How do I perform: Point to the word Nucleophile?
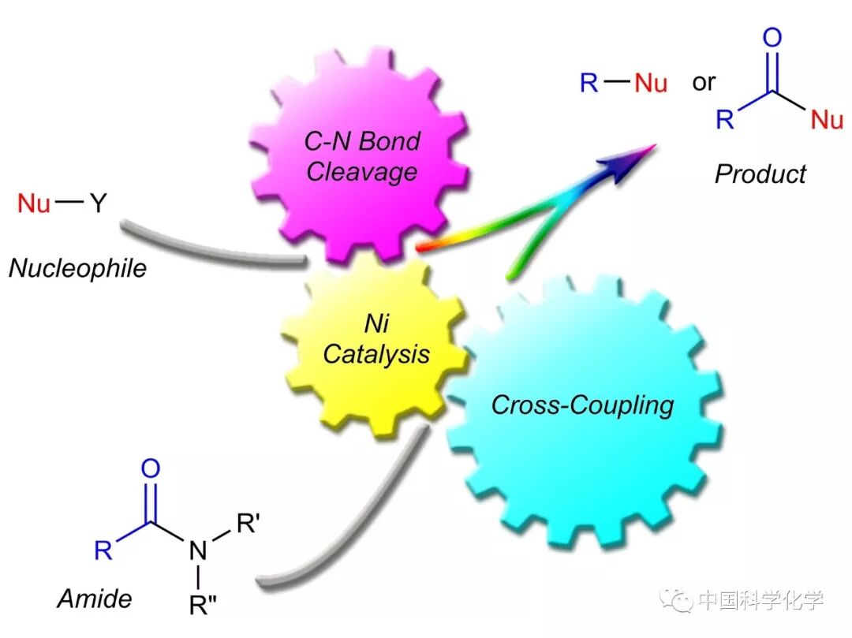pos(77,268)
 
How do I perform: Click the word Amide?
pos(94,599)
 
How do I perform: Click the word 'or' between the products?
pos(704,82)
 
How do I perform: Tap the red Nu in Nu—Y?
pos(34,204)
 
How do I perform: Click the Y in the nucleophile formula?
pos(97,204)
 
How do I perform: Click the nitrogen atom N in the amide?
pos(198,550)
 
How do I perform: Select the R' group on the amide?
pos(246,523)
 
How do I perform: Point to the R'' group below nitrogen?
pos(201,606)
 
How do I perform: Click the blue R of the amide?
pos(103,550)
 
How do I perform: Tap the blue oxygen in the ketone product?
pos(772,37)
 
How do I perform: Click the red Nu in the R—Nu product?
pos(650,83)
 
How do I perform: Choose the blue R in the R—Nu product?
pos(589,83)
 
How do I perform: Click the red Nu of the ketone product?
pos(827,120)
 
